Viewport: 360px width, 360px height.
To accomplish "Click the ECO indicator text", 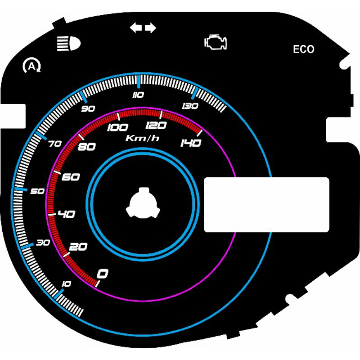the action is click(303, 49).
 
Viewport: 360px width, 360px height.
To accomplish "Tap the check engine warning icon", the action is click(216, 42).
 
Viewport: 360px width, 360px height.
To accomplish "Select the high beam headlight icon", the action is click(69, 43).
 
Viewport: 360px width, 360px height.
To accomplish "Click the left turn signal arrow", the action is click(136, 28).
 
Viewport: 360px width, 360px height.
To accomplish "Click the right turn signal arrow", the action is click(150, 28).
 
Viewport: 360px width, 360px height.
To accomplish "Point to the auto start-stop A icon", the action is click(32, 66).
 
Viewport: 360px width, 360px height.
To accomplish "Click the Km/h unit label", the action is click(142, 138).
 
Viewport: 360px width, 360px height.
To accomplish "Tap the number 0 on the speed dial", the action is click(103, 274).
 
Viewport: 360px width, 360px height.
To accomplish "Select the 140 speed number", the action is click(191, 143).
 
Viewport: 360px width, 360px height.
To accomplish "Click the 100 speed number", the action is click(117, 128).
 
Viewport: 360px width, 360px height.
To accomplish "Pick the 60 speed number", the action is click(71, 177).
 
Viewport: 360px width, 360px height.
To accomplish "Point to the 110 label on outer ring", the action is click(138, 95).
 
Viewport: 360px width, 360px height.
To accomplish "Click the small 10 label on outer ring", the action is click(66, 284).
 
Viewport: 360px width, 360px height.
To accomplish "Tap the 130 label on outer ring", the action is click(190, 106).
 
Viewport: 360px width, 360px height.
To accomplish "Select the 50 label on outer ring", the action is click(37, 191).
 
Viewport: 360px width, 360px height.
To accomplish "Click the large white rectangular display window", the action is click(266, 205).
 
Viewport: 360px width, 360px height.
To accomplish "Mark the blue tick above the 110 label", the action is click(139, 81).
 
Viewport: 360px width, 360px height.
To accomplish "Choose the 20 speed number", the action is click(78, 247).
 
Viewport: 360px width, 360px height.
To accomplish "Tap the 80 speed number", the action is click(86, 147).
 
